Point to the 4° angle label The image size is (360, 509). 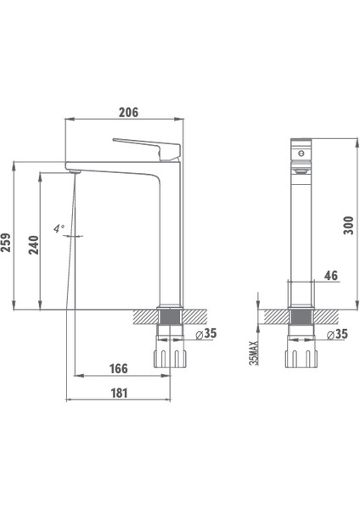point(58,228)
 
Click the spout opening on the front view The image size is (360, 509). point(300,170)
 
